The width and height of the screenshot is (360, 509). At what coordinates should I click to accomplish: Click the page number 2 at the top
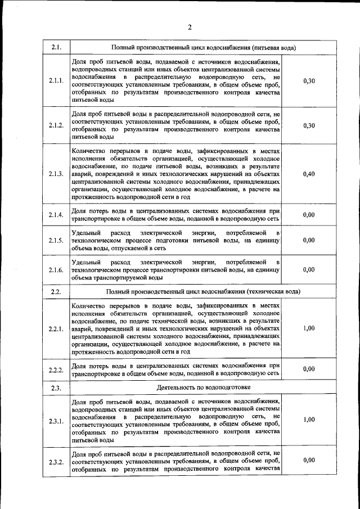pos(190,27)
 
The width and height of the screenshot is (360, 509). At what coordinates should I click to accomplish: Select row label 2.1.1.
pos(56,81)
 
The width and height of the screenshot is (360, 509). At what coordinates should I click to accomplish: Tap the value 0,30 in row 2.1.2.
pos(308,125)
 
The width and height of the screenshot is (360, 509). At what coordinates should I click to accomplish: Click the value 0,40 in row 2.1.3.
pos(308,174)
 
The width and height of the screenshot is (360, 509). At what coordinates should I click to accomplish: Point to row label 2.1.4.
pos(56,214)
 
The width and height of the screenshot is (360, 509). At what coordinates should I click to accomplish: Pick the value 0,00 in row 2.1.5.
pos(308,240)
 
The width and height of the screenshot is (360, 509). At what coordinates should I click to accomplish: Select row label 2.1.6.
pos(56,270)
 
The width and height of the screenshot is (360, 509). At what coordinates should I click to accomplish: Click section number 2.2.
pos(56,291)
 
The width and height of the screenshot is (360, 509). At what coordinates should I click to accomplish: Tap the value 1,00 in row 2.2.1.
pos(308,328)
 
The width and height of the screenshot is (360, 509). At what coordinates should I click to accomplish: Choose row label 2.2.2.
pos(56,369)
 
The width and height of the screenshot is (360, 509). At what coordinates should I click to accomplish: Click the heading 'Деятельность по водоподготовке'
pos(204,388)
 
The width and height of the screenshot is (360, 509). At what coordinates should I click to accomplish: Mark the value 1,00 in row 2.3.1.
pos(308,420)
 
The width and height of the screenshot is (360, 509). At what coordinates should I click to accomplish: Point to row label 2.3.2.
pos(56,462)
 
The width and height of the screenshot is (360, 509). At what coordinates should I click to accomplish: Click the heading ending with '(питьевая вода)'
pos(204,47)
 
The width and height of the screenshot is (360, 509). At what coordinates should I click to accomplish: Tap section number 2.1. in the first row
pos(56,47)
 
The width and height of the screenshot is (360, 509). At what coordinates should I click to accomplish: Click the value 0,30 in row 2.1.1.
pos(308,81)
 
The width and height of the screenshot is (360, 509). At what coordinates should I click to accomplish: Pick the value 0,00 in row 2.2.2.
pos(308,368)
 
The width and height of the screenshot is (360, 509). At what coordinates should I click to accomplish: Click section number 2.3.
pos(56,388)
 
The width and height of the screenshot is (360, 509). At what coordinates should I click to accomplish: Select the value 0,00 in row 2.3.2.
pos(308,460)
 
